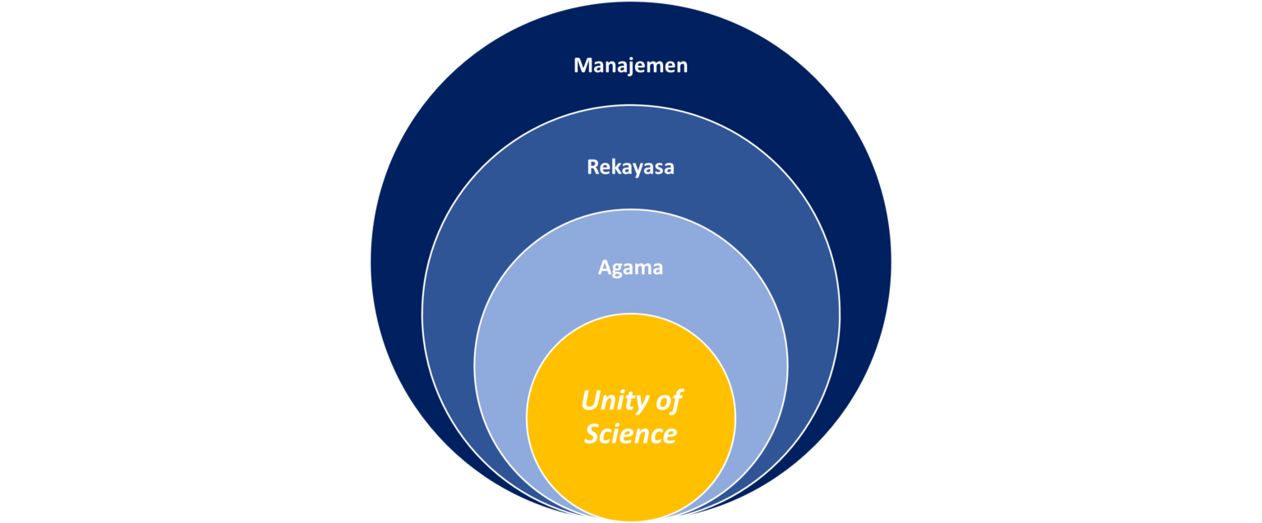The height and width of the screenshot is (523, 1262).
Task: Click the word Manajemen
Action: click(630, 66)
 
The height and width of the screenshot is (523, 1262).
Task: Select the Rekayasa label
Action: click(630, 167)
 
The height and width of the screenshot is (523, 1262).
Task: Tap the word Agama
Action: click(630, 268)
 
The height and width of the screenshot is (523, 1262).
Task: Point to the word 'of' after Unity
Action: click(670, 401)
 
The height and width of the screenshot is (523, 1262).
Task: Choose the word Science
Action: click(630, 434)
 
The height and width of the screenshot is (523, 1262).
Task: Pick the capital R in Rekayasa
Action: click(592, 167)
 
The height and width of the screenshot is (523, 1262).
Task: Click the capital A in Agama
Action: click(605, 268)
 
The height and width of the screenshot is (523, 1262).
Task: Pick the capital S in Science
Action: click(592, 434)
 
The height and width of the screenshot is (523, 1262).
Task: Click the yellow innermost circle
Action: click(630, 476)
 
